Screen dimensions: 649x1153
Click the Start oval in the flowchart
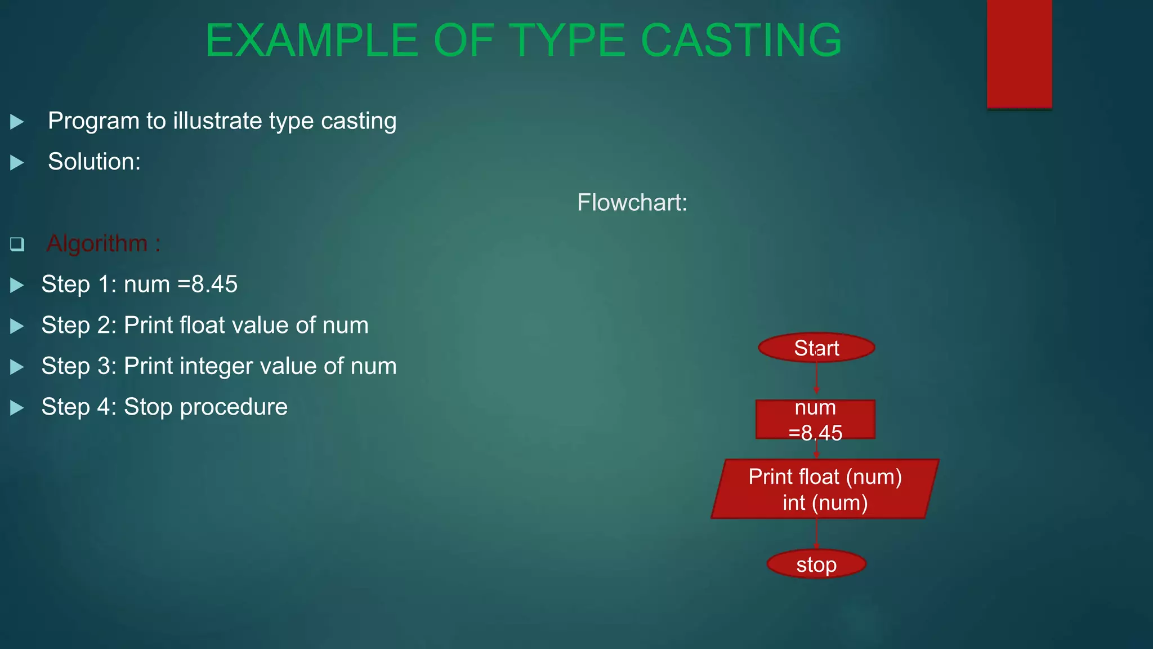click(816, 348)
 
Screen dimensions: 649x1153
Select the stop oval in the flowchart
click(816, 564)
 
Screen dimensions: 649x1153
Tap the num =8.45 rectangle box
click(815, 419)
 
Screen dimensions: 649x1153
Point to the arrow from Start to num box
click(816, 377)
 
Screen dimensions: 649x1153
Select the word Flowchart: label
click(632, 202)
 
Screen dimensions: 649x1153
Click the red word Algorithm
click(97, 243)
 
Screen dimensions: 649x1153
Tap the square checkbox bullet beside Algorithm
click(17, 244)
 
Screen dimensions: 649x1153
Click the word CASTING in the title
click(741, 41)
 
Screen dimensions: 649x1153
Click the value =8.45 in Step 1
click(208, 284)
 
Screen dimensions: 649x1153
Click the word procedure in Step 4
click(234, 407)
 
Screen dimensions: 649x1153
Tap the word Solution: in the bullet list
click(94, 162)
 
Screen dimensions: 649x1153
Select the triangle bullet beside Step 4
click(17, 407)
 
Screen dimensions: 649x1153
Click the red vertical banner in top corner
click(1019, 54)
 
